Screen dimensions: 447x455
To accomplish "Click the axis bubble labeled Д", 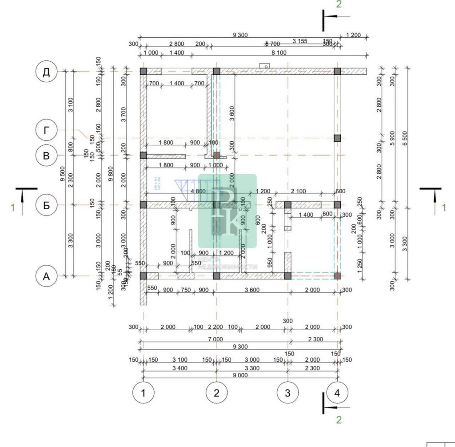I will click(x=46, y=72).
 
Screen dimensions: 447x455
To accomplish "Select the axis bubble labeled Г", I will click(x=46, y=130).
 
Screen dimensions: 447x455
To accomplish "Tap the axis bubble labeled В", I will click(x=46, y=156).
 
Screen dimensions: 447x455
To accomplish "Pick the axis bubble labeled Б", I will click(x=46, y=205).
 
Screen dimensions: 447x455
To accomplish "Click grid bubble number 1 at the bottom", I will click(x=144, y=392).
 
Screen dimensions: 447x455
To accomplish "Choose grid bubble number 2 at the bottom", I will click(x=217, y=392).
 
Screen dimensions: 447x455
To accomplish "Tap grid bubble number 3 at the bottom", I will click(x=288, y=392).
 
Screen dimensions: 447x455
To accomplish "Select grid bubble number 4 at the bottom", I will click(x=337, y=392).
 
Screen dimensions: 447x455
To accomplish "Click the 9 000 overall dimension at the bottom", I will click(x=240, y=375).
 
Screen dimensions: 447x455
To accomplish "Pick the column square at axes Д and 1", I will click(x=144, y=72).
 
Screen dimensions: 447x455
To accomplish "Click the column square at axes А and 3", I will click(x=288, y=276).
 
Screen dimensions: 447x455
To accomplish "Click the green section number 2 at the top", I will click(x=339, y=4).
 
